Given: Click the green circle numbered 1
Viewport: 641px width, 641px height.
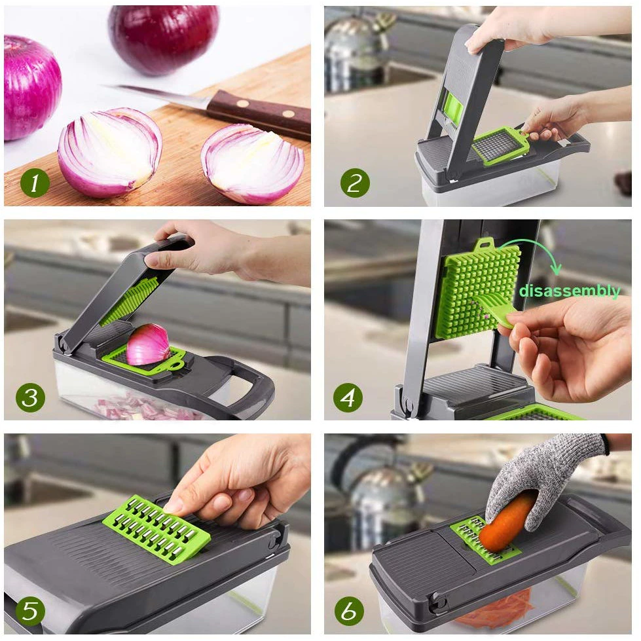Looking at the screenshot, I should click(34, 184).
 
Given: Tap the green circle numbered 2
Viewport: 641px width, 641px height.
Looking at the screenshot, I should click(354, 183).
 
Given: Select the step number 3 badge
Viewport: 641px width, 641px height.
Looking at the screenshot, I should click(30, 397).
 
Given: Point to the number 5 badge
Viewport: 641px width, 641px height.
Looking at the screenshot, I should click(30, 611).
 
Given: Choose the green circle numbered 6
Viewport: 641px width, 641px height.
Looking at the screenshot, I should click(349, 611).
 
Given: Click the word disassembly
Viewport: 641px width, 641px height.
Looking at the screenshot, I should click(569, 291).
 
